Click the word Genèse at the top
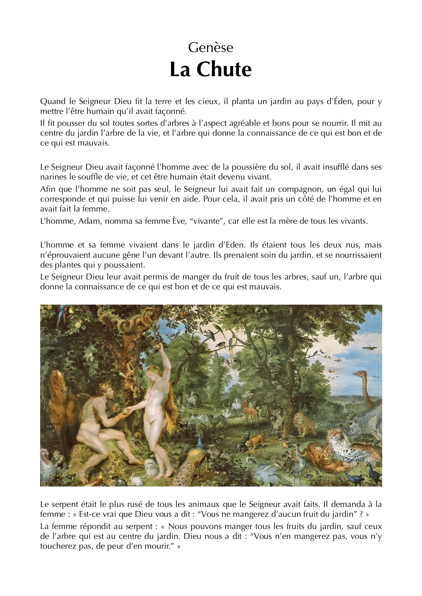click(211, 48)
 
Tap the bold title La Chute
click(211, 69)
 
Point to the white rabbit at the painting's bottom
click(136, 480)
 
